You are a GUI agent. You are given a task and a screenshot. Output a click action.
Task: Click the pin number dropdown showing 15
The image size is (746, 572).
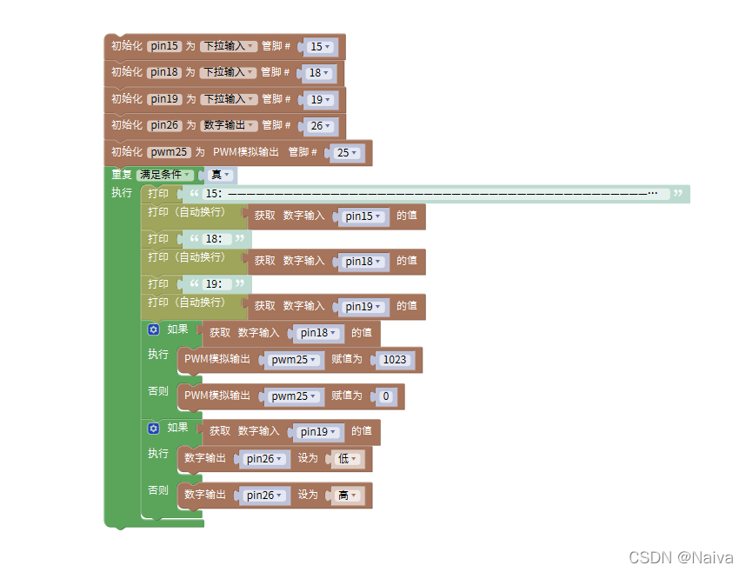(x=318, y=47)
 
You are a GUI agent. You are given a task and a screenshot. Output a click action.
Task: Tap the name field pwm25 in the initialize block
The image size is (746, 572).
(x=169, y=152)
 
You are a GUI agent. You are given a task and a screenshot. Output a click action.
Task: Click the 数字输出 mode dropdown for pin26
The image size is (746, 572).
(x=230, y=126)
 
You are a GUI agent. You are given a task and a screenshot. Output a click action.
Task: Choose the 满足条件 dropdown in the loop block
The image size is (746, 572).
(x=165, y=175)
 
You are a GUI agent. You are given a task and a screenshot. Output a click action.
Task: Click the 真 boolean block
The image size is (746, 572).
(x=218, y=175)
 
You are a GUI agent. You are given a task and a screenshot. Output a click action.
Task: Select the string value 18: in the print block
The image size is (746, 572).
(x=213, y=239)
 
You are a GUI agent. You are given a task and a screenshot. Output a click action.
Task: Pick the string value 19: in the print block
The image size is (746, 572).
(x=213, y=284)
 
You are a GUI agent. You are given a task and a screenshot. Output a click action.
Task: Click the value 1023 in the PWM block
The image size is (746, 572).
(x=395, y=360)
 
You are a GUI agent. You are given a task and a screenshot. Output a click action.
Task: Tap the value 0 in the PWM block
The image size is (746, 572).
(x=387, y=396)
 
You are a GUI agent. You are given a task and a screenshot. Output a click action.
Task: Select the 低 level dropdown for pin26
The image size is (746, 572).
(x=346, y=459)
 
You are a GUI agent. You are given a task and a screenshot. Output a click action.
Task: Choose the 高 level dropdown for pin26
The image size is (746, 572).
(x=346, y=496)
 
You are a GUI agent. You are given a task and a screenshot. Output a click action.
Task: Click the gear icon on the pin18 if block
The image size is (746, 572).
(x=154, y=329)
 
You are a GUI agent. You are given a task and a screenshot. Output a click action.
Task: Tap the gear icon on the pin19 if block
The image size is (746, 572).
(x=154, y=428)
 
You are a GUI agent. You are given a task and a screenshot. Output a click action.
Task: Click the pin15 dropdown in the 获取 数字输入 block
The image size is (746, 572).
(x=363, y=216)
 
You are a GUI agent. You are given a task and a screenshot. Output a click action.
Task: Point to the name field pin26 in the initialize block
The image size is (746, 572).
(x=163, y=126)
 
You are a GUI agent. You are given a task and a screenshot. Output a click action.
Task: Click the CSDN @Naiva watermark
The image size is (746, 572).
(x=681, y=557)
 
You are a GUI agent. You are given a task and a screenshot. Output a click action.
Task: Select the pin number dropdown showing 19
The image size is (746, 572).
(x=318, y=100)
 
